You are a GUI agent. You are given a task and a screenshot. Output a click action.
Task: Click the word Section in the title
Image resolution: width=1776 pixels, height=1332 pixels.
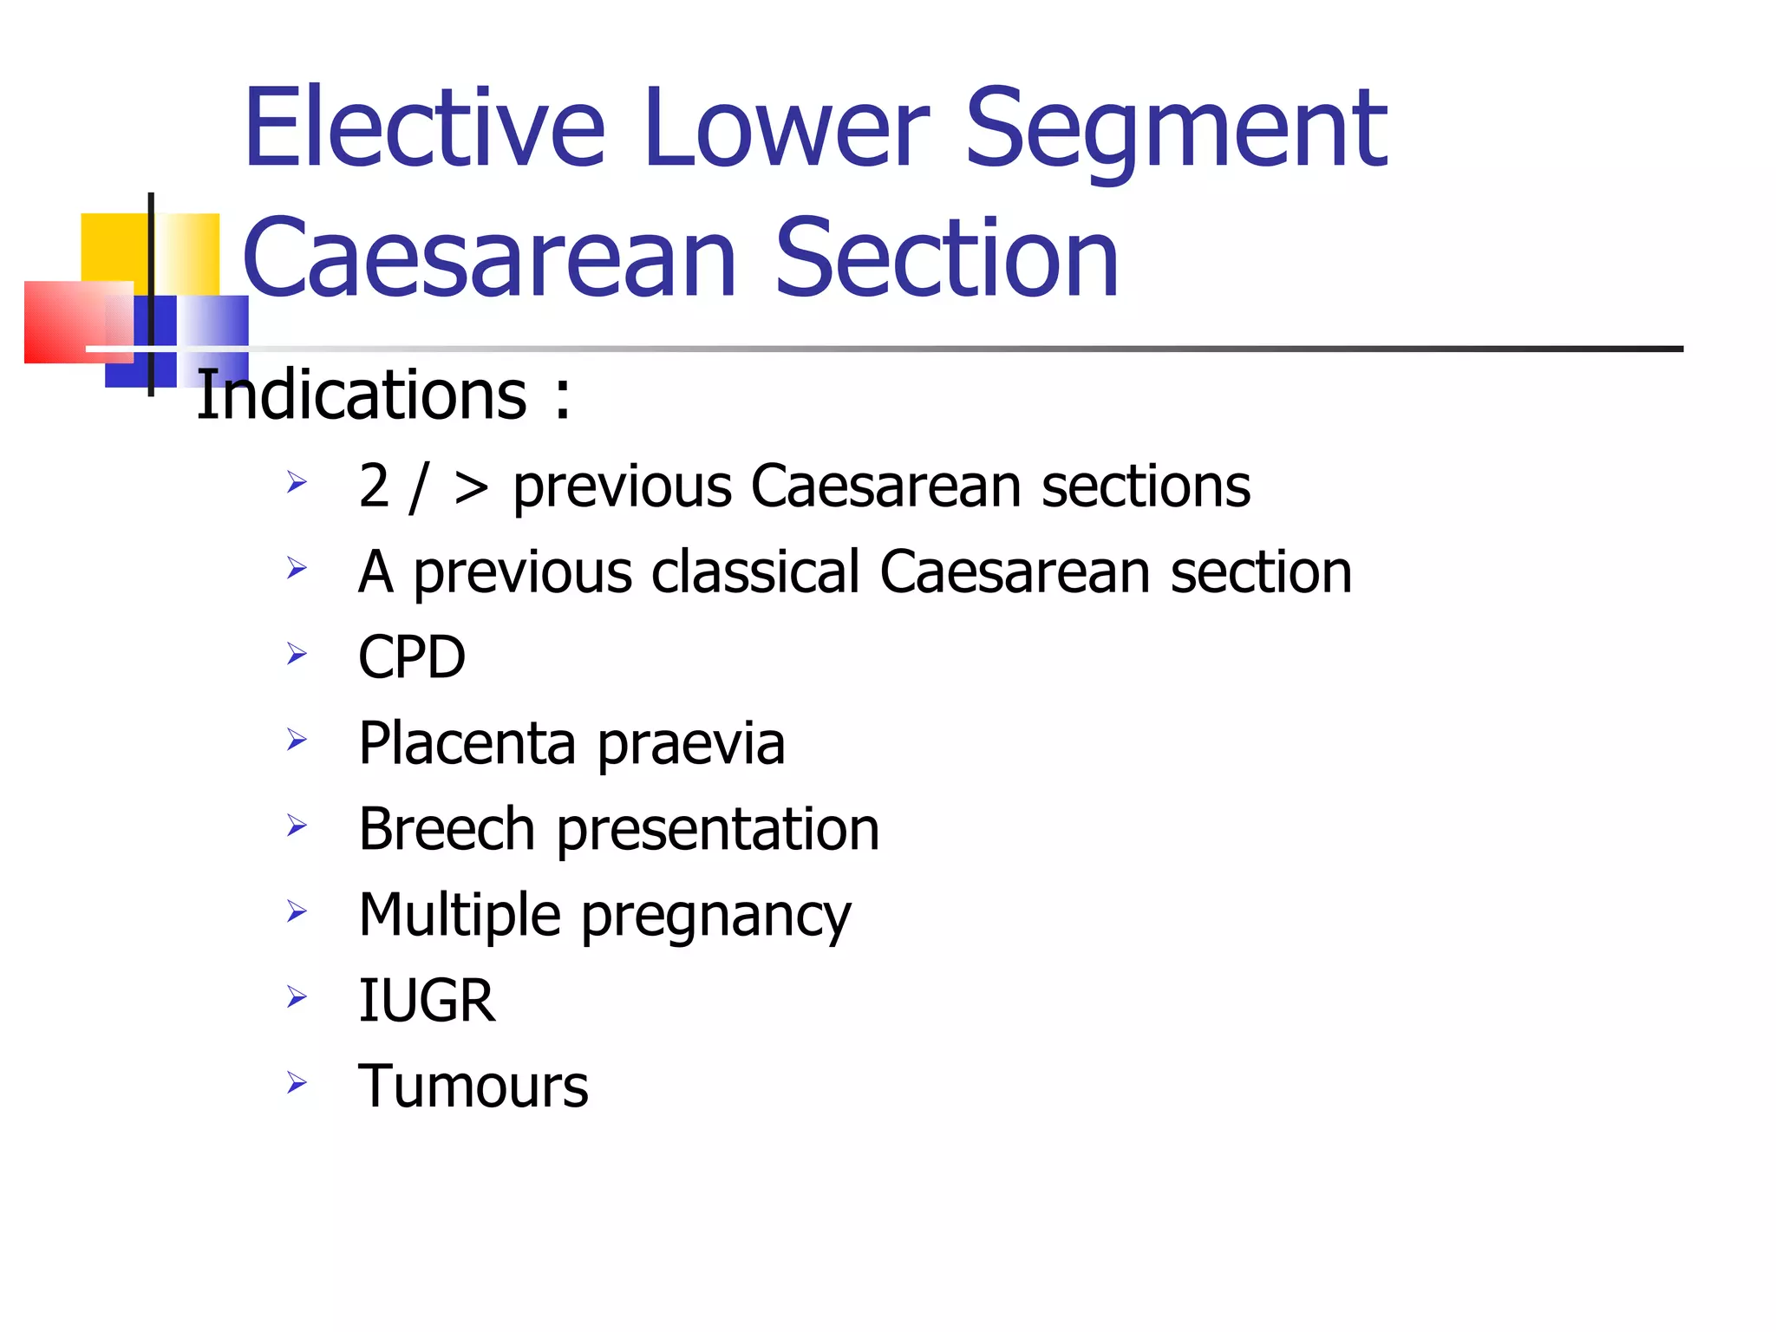(x=947, y=258)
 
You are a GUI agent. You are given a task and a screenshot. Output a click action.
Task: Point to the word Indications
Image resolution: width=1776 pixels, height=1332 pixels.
(x=362, y=395)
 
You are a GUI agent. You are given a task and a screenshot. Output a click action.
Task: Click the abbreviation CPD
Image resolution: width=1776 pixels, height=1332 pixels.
(x=412, y=657)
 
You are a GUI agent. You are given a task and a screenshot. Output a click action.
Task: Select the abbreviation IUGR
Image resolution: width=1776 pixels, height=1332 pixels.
(x=427, y=1000)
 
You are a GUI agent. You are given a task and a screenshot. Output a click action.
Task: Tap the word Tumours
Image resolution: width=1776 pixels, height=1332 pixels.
(x=473, y=1086)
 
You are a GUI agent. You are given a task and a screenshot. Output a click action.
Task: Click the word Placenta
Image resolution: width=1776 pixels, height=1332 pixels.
(x=467, y=743)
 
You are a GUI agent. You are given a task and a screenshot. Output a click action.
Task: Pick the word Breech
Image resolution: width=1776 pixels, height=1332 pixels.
(x=447, y=829)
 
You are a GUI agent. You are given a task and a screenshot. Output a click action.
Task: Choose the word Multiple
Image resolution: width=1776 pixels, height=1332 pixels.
(x=460, y=915)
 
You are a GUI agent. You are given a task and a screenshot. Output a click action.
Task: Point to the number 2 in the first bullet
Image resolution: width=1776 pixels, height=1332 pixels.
(x=374, y=486)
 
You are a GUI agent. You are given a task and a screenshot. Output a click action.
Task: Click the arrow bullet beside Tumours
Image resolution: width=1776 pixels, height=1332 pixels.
(x=297, y=1082)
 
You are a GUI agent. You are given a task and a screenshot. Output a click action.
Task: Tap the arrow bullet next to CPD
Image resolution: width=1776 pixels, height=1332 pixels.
(x=297, y=653)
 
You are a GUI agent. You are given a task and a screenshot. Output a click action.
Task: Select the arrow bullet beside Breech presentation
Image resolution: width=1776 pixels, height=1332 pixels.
(x=297, y=825)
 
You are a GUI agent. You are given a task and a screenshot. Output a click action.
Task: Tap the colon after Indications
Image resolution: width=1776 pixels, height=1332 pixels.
(x=563, y=397)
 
